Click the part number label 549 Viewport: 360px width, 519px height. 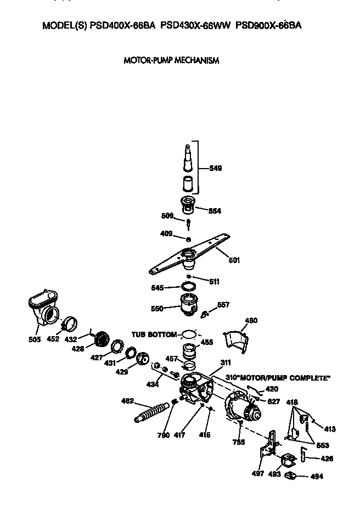[x=215, y=169]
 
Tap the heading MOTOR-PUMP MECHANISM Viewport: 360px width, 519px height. [x=171, y=60]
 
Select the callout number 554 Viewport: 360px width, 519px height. [x=215, y=210]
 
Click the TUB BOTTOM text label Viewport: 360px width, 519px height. [x=154, y=334]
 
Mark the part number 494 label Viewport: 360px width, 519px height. [x=317, y=477]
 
